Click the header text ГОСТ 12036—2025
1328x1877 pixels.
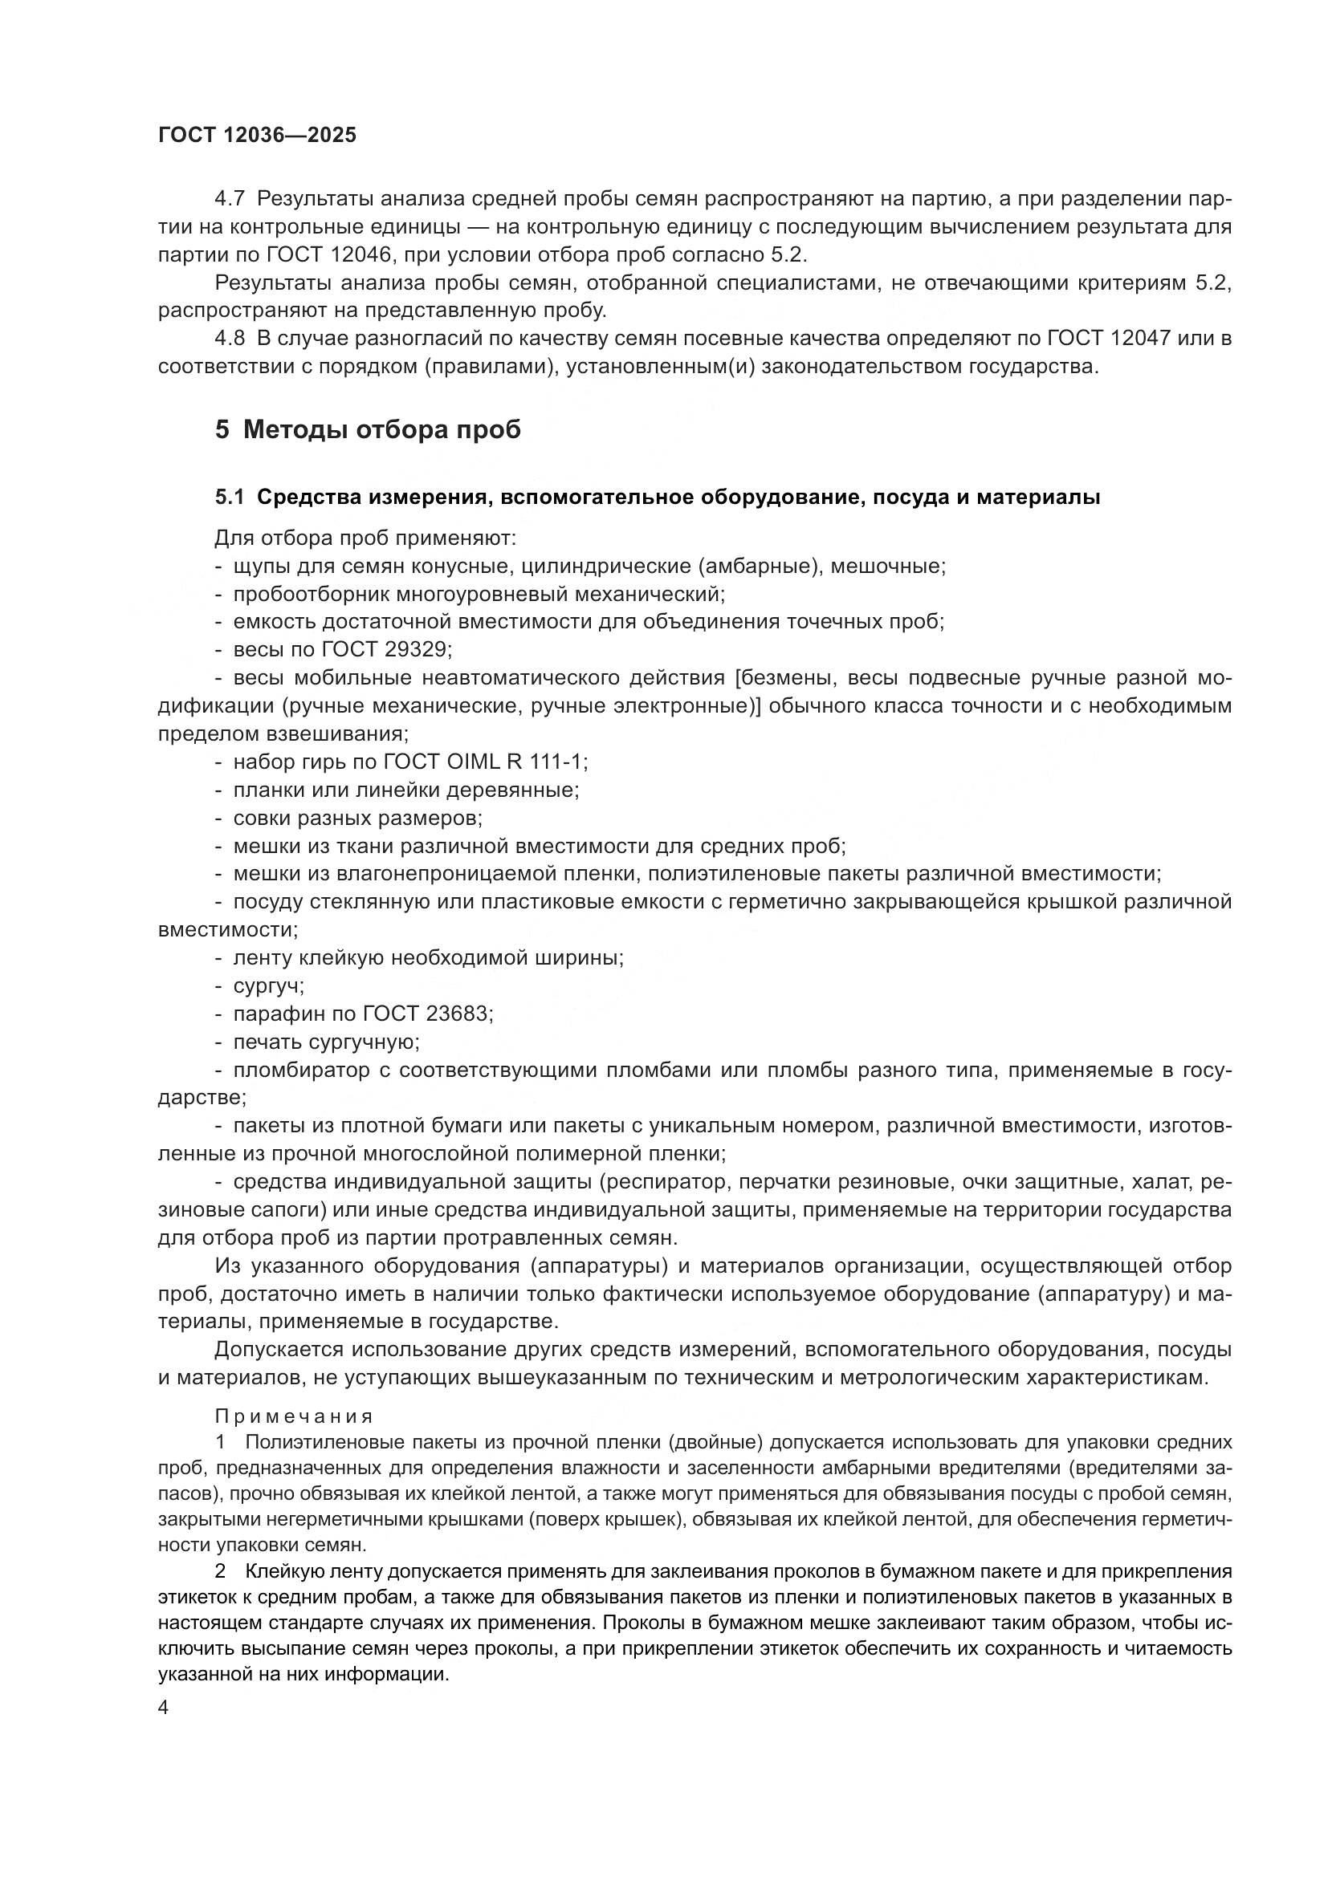258,136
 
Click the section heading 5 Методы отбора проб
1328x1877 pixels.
367,429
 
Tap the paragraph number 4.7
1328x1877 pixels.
229,199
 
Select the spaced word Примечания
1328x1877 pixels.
295,1416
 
